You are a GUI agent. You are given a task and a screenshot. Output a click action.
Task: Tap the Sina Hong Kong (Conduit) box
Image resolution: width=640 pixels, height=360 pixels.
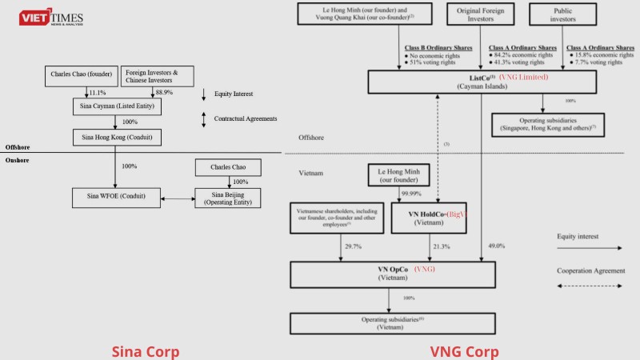112,137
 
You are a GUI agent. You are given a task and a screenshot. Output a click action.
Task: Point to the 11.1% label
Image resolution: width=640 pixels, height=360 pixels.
98,94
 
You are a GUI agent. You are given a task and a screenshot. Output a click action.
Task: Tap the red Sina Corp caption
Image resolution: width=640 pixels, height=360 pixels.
145,351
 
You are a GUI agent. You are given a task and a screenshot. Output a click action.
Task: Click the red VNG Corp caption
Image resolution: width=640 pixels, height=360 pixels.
464,351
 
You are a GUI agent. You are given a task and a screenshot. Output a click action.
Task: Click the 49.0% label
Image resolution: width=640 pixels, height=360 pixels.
496,247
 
